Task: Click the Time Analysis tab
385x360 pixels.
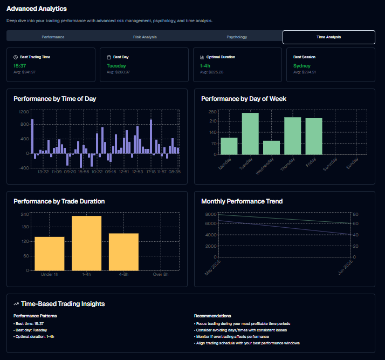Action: tap(328, 37)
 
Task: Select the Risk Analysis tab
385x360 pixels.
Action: tap(145, 37)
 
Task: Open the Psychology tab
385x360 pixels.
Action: tap(237, 37)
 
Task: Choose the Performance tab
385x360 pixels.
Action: tap(53, 37)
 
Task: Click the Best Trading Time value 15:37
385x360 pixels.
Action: tap(20, 66)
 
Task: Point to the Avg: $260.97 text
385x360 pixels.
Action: tap(118, 72)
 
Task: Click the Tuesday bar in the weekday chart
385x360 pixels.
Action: tap(250, 133)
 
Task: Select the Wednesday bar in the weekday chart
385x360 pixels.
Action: tap(271, 147)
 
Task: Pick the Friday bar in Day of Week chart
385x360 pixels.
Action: tap(314, 136)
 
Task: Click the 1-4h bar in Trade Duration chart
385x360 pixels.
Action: tap(86, 243)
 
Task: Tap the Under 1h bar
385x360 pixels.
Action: tap(50, 253)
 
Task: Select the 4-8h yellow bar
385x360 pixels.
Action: tap(123, 252)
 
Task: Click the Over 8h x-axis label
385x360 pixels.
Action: tap(161, 275)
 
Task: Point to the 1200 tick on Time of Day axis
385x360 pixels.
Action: tap(24, 112)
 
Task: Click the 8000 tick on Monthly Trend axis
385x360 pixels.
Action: tap(211, 214)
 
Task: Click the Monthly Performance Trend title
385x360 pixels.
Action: tap(242, 201)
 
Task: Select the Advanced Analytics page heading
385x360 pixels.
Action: tap(37, 9)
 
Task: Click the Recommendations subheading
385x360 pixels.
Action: tap(212, 316)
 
